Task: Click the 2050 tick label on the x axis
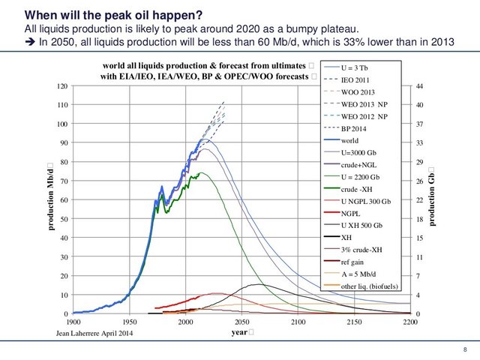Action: pyautogui.click(x=242, y=321)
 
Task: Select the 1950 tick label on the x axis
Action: pyautogui.click(x=130, y=321)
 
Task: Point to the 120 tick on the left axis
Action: pyautogui.click(x=61, y=86)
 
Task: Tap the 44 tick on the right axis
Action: pyautogui.click(x=421, y=86)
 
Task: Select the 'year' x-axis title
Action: pyautogui.click(x=240, y=331)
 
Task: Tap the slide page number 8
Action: pyautogui.click(x=466, y=350)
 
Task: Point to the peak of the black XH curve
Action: pyautogui.click(x=259, y=284)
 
